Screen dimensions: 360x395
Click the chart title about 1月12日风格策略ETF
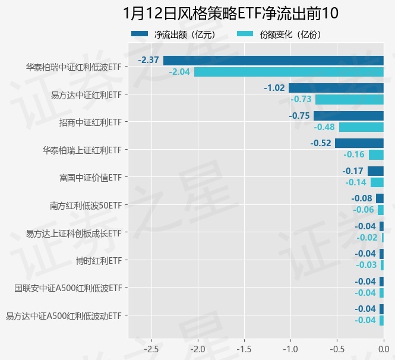(231, 13)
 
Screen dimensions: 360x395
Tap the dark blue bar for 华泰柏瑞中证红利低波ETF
(273, 60)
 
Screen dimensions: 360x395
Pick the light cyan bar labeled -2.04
(289, 72)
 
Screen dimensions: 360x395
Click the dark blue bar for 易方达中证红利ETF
(336, 88)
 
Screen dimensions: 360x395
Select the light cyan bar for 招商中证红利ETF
(361, 127)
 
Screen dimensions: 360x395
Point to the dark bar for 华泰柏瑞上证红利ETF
(359, 143)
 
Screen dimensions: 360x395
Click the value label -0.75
(299, 116)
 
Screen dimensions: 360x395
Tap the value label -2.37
(148, 60)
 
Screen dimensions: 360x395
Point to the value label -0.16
(355, 154)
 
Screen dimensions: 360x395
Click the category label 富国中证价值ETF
(90, 178)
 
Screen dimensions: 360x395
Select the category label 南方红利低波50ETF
(86, 206)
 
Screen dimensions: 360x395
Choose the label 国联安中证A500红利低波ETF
(68, 288)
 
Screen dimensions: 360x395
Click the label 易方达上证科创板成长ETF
(74, 233)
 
